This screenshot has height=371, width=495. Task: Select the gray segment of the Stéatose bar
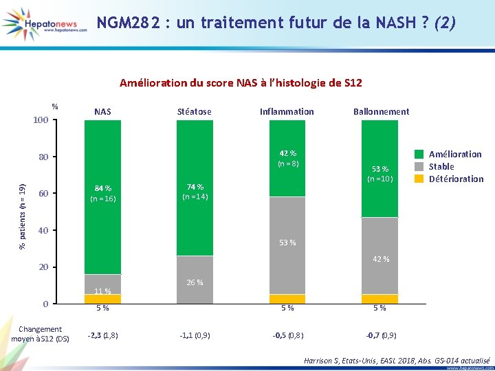pyautogui.click(x=195, y=280)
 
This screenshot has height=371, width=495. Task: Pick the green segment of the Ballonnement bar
pyautogui.click(x=379, y=168)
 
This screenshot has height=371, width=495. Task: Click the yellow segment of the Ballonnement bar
pyautogui.click(x=379, y=299)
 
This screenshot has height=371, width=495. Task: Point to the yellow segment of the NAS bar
pyautogui.click(x=102, y=299)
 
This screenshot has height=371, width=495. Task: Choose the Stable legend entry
pyautogui.click(x=441, y=166)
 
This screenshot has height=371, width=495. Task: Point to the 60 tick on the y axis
pyautogui.click(x=42, y=193)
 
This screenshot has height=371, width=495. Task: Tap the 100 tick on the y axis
pyautogui.click(x=40, y=120)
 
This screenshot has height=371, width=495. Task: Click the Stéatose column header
pyautogui.click(x=195, y=111)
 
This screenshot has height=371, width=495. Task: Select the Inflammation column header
pyautogui.click(x=287, y=111)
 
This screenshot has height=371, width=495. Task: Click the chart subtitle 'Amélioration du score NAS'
pyautogui.click(x=241, y=83)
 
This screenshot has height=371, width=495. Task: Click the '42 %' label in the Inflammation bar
pyautogui.click(x=287, y=153)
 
